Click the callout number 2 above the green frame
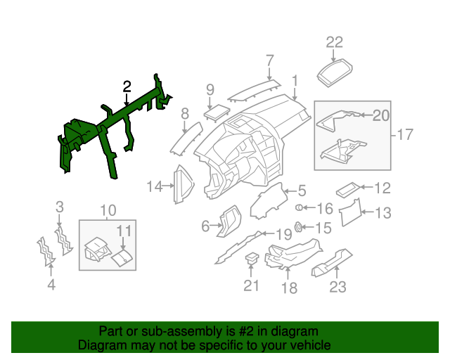pos(127,86)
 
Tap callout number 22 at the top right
pos(334,41)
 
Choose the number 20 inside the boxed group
pos(380,115)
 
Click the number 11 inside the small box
pos(124,230)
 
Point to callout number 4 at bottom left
pos(51,285)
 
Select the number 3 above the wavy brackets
pos(60,207)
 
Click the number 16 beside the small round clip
pos(324,209)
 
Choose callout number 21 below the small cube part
pos(252,285)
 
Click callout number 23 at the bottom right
pos(339,286)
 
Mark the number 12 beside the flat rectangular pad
pos(382,188)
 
